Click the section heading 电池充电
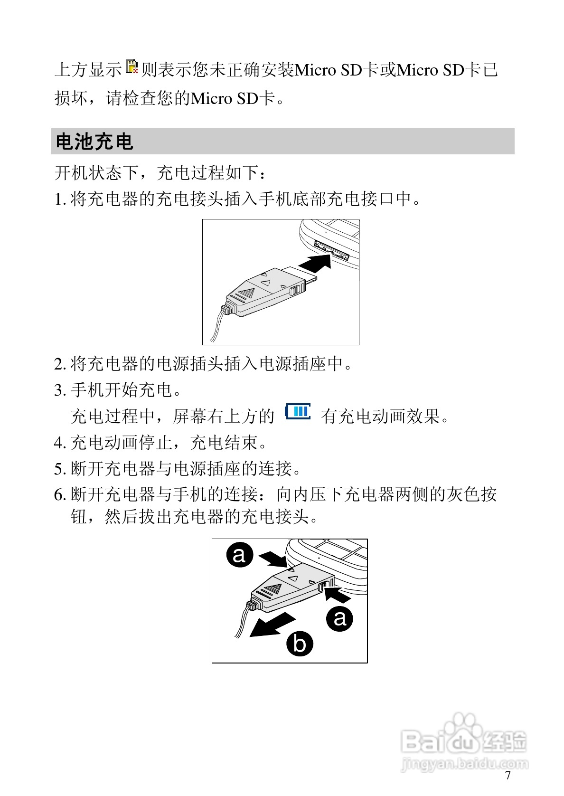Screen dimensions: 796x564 (x=94, y=142)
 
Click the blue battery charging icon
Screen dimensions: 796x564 (x=298, y=412)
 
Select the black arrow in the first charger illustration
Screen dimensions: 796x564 (x=315, y=262)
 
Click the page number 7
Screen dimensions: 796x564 (x=508, y=776)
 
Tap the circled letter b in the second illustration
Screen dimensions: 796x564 (x=300, y=644)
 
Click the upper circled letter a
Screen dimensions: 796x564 (x=240, y=554)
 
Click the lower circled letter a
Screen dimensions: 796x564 (x=340, y=618)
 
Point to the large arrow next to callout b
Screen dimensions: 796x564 (x=273, y=625)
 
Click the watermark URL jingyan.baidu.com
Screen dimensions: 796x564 (x=464, y=764)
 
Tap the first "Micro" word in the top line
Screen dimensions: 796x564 (x=316, y=70)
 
